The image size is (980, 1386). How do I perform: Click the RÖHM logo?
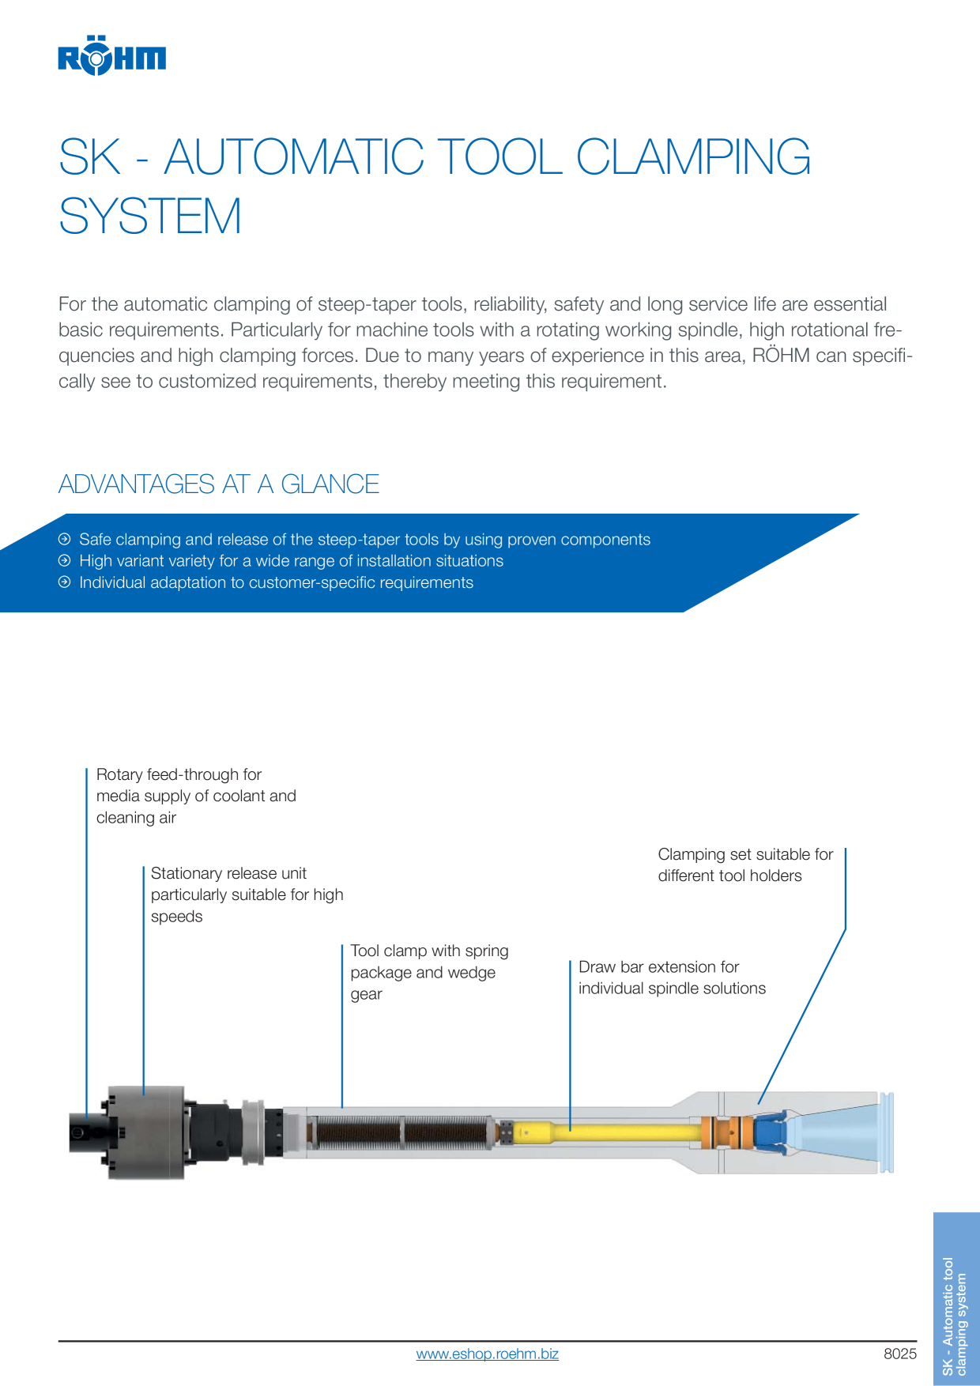click(111, 55)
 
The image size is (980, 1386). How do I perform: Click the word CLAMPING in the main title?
click(693, 156)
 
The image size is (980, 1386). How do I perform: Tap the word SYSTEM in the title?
click(150, 216)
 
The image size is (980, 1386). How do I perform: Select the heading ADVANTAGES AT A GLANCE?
click(219, 484)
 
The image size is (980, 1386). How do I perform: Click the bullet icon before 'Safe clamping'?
click(65, 539)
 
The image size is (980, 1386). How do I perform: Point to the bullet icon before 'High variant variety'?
click(65, 560)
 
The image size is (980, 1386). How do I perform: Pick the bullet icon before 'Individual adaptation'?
click(65, 582)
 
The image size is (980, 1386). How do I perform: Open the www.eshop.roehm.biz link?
click(488, 1354)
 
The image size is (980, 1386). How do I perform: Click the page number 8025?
click(900, 1354)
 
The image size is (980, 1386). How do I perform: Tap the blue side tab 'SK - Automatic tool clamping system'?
click(956, 1299)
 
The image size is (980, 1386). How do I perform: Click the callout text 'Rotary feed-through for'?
click(179, 774)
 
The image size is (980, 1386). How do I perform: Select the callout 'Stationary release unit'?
click(228, 873)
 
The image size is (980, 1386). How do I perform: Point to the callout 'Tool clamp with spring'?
click(430, 951)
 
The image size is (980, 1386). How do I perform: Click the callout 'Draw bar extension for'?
click(659, 966)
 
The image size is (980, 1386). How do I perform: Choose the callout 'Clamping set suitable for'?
click(745, 854)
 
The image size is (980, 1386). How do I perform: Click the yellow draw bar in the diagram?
click(609, 1132)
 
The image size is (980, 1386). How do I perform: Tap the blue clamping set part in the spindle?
click(769, 1132)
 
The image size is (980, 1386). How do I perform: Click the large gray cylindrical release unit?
click(146, 1132)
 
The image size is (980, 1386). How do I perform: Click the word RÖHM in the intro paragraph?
click(781, 355)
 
